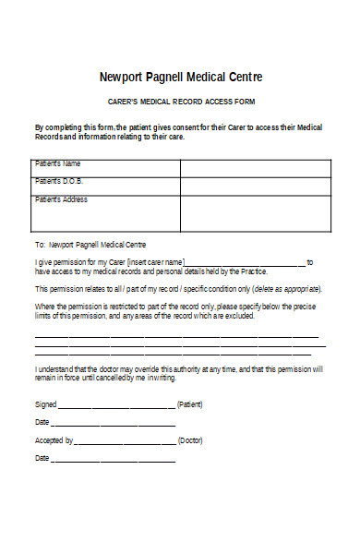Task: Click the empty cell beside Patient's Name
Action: point(255,168)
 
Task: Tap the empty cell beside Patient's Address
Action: point(255,212)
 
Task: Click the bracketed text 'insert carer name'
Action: point(150,262)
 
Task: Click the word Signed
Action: point(45,404)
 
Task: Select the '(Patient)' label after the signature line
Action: point(190,404)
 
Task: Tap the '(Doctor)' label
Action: point(191,440)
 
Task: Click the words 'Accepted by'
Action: point(54,440)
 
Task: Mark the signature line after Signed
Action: point(116,406)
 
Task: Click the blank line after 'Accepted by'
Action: point(125,442)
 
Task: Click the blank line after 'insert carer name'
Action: point(245,264)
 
